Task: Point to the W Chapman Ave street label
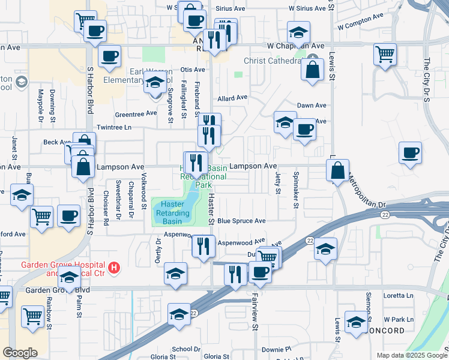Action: tap(295, 46)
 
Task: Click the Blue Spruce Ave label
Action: tap(241, 221)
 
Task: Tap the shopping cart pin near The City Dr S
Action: tap(384, 55)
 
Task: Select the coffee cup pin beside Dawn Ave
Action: tap(304, 129)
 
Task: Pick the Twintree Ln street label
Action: tap(114, 128)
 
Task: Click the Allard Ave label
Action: tap(232, 98)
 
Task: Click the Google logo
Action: tap(20, 353)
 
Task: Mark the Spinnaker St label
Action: tap(296, 189)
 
